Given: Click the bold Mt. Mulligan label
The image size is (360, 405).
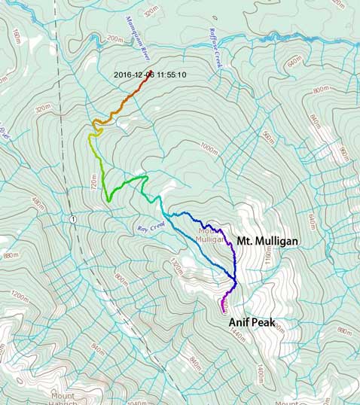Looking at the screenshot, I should [267, 241].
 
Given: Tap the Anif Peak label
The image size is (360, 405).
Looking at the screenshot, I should [254, 322].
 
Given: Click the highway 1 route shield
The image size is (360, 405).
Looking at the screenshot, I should [72, 218].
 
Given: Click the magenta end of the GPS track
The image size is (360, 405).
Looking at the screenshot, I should [223, 309].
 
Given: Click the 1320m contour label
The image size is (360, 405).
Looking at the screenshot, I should [177, 266].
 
